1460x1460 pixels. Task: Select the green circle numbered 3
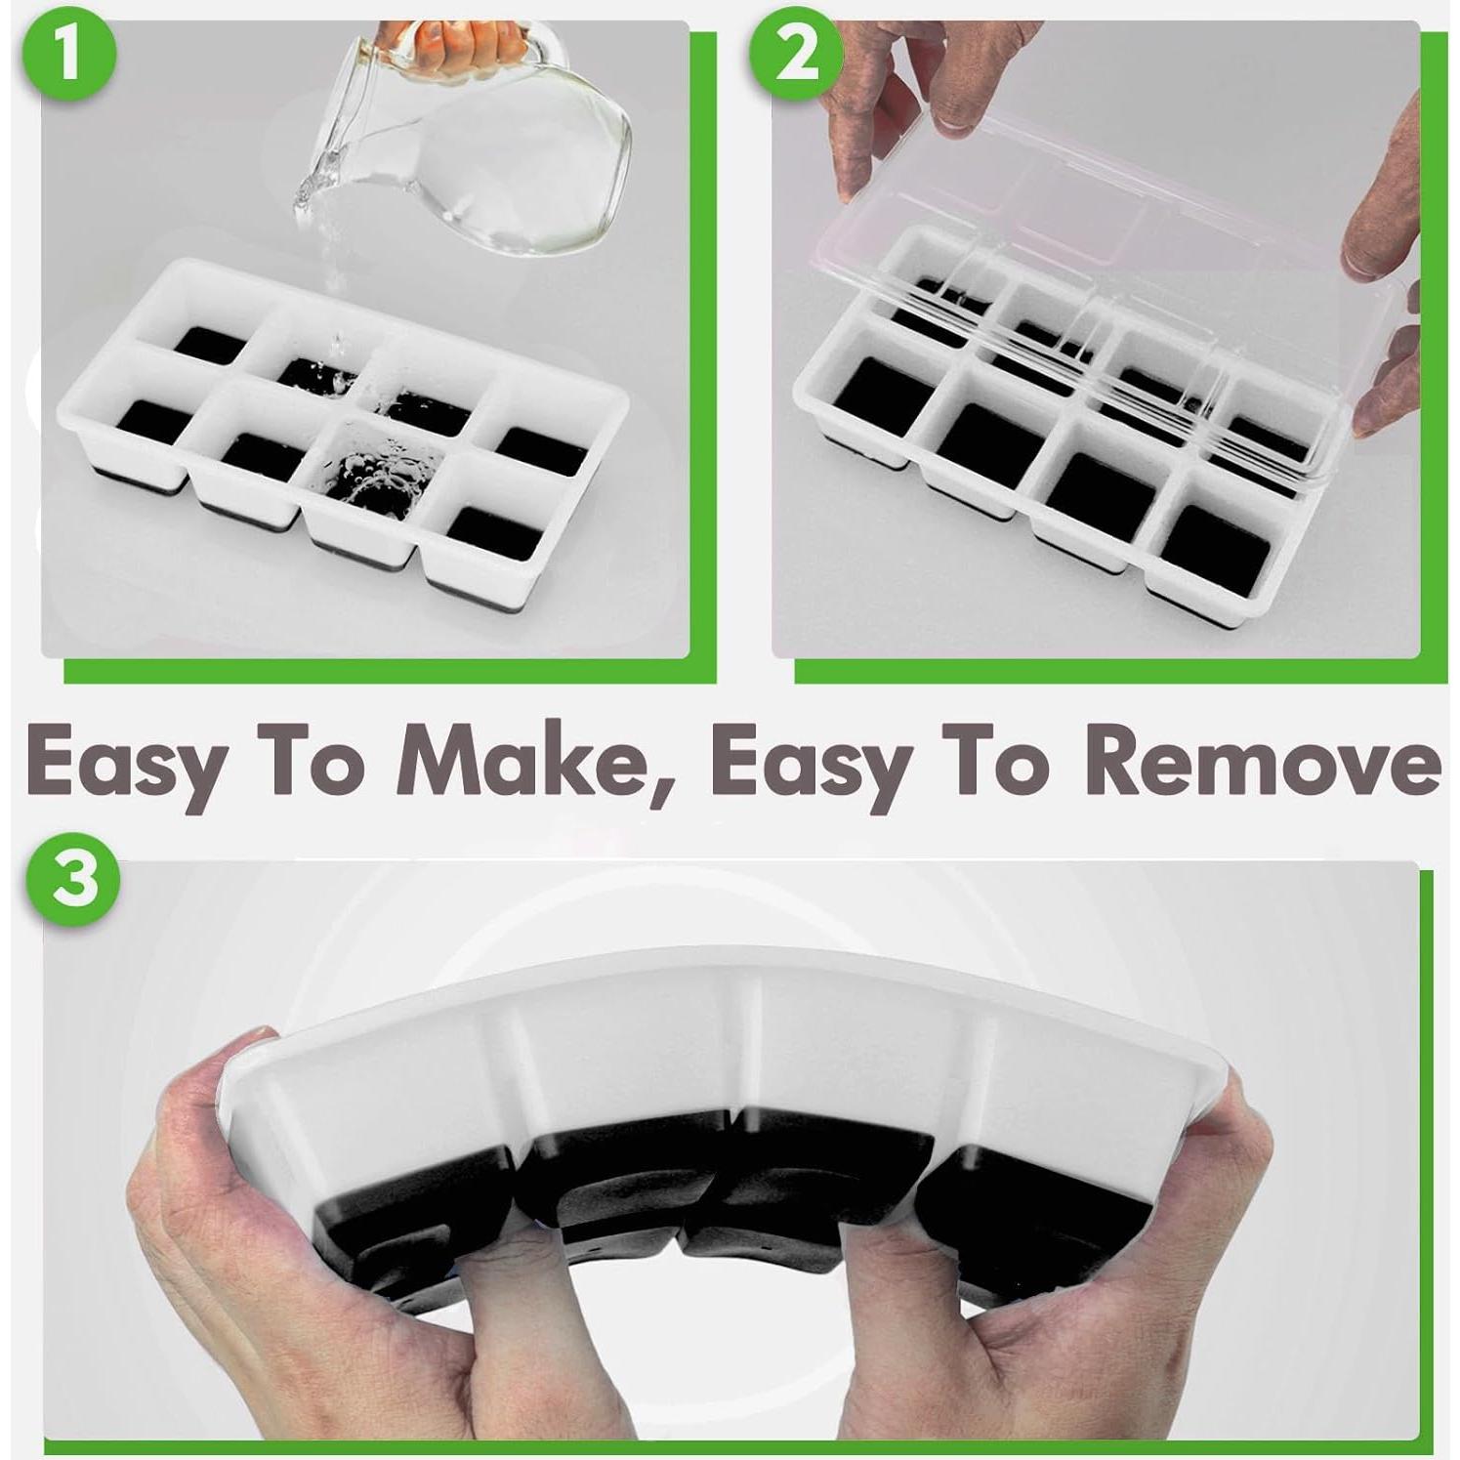click(77, 875)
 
